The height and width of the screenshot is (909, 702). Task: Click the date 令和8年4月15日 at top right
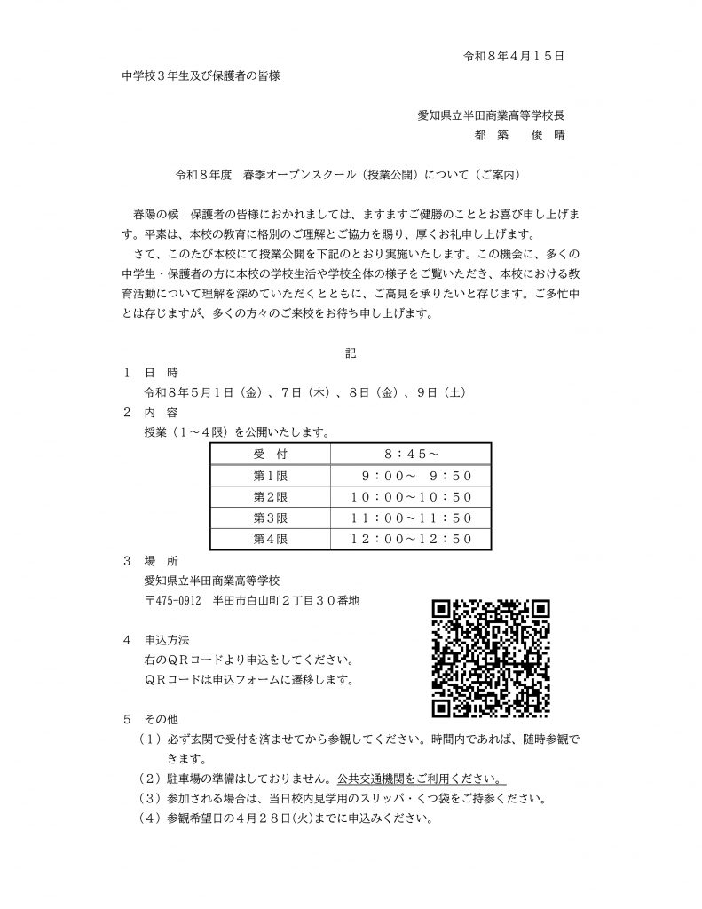[515, 55]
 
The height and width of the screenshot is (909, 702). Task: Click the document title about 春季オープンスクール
[351, 177]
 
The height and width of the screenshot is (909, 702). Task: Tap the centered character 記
[350, 353]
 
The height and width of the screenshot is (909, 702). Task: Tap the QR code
[491, 657]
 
